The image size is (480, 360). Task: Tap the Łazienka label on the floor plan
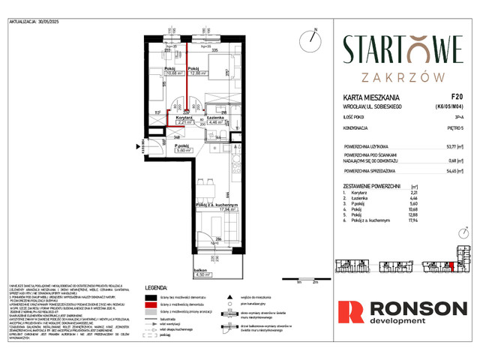tap(214, 118)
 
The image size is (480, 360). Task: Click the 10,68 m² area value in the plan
tap(174, 73)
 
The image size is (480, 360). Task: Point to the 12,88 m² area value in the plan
tap(198, 73)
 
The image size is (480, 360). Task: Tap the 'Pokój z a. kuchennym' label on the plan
tap(217, 205)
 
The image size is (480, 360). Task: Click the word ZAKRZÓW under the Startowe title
tap(403, 75)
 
